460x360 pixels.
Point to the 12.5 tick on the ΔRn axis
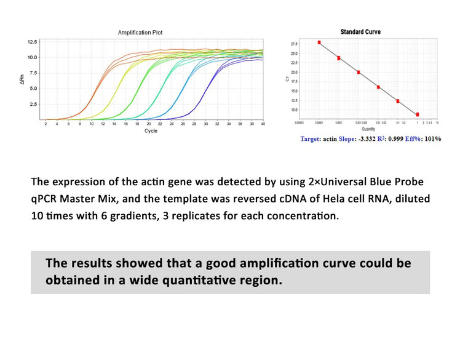coord(31,42)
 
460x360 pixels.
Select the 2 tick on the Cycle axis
coord(46,124)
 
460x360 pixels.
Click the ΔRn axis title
coord(22,80)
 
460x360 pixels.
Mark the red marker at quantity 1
coord(418,114)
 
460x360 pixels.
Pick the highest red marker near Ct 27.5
coord(319,42)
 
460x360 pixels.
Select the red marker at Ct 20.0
coord(359,72)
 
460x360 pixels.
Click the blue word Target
coord(311,139)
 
